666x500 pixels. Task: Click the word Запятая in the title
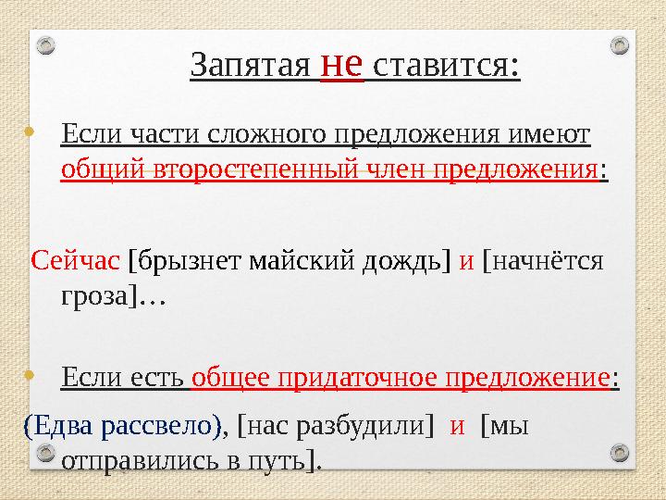249,66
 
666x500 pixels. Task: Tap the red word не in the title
340,64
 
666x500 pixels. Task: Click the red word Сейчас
76,261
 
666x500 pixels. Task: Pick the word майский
282,261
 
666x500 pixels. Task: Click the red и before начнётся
466,261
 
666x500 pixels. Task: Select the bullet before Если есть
31,377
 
